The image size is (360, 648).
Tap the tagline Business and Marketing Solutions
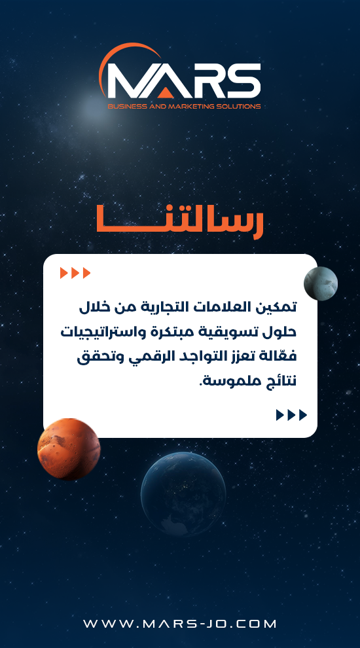(x=184, y=106)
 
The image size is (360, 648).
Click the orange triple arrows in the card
(x=75, y=273)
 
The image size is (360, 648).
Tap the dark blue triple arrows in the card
(x=292, y=415)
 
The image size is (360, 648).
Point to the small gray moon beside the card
(x=321, y=283)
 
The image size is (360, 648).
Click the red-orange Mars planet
(x=69, y=449)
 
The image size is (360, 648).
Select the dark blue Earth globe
(x=183, y=494)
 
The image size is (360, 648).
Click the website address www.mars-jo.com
(x=180, y=624)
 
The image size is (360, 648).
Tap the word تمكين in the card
(x=279, y=308)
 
